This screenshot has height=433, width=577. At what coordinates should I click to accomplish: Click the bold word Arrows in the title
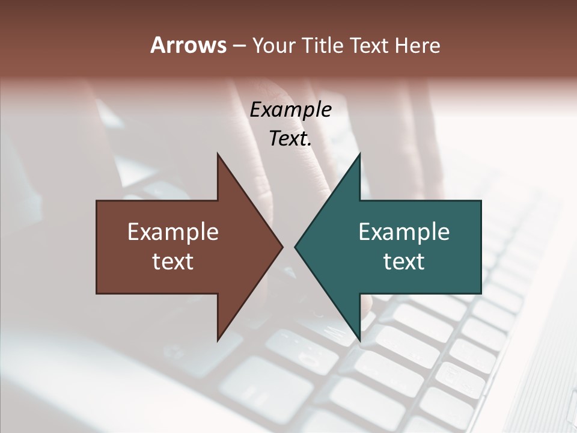pyautogui.click(x=188, y=46)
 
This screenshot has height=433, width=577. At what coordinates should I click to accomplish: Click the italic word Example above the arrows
pyautogui.click(x=291, y=110)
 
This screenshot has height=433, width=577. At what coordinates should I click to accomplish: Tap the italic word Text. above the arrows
pyautogui.click(x=291, y=139)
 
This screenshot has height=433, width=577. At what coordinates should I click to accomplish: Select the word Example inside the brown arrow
pyautogui.click(x=173, y=232)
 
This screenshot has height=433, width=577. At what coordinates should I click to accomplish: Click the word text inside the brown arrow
pyautogui.click(x=173, y=261)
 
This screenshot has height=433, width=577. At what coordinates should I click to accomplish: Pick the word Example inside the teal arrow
pyautogui.click(x=404, y=232)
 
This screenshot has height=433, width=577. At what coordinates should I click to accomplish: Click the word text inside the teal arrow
pyautogui.click(x=404, y=261)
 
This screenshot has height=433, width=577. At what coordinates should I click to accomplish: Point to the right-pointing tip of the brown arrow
pyautogui.click(x=282, y=247)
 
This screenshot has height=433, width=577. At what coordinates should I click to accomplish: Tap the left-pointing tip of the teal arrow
pyautogui.click(x=295, y=247)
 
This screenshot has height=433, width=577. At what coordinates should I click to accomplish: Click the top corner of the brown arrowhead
pyautogui.click(x=218, y=154)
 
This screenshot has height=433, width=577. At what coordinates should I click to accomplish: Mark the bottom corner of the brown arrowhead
pyautogui.click(x=218, y=341)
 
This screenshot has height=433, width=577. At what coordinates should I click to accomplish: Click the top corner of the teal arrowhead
pyautogui.click(x=359, y=154)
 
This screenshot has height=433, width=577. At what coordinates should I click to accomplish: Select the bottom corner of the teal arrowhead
pyautogui.click(x=359, y=341)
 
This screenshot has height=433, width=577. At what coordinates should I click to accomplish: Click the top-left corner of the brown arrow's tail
pyautogui.click(x=97, y=201)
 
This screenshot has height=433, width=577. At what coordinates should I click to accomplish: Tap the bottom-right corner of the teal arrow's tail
pyautogui.click(x=481, y=293)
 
